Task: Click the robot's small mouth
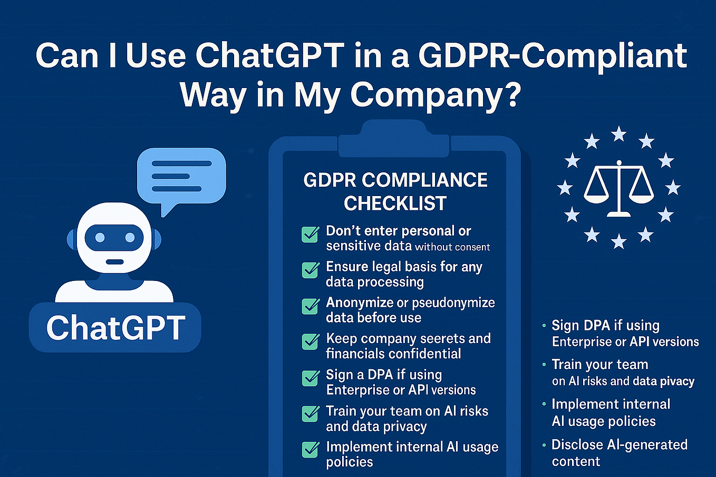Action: [114, 262]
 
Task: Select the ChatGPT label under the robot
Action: [115, 327]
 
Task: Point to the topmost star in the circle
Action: [618, 134]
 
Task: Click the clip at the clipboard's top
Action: [394, 139]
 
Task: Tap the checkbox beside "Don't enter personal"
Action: [310, 234]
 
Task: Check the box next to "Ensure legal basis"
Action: [310, 270]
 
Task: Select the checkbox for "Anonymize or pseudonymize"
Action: [310, 306]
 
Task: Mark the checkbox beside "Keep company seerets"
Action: [310, 342]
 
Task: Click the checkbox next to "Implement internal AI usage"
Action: [310, 450]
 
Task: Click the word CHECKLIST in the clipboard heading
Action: [395, 203]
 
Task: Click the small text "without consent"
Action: [452, 247]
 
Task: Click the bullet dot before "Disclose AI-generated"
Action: [544, 445]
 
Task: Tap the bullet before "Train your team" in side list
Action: [544, 365]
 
